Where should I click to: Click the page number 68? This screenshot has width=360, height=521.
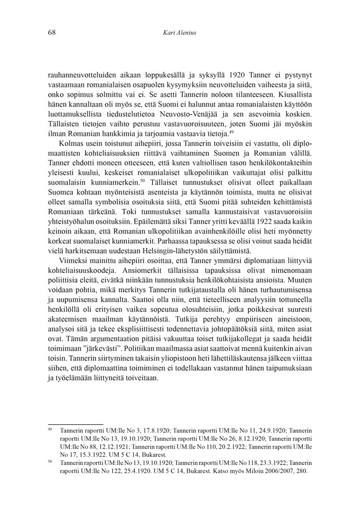[x=52, y=33]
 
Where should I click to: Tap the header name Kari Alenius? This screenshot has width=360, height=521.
[x=180, y=33]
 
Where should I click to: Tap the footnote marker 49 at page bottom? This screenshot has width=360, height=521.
[x=50, y=429]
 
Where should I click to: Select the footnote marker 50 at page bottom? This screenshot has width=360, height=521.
[x=50, y=461]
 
